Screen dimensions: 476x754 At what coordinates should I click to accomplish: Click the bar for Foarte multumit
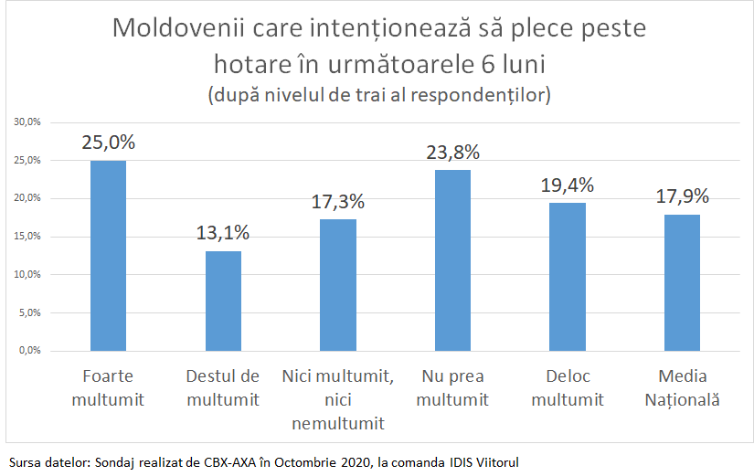[x=108, y=256]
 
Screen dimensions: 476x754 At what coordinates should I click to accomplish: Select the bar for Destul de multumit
[x=223, y=301]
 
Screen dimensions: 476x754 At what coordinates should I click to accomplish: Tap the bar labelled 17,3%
[x=338, y=285]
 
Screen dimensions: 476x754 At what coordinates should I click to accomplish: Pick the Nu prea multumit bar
[x=453, y=260]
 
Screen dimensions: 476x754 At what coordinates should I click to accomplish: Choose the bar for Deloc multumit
[x=568, y=277]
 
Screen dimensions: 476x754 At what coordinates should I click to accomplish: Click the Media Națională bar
[x=683, y=282]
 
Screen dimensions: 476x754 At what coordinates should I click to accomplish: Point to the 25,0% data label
[x=108, y=143]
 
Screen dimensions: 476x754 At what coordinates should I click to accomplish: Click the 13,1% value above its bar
[x=223, y=233]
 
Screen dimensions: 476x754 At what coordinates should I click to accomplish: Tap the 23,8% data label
[x=453, y=152]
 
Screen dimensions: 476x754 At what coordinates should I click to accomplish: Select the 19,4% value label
[x=568, y=185]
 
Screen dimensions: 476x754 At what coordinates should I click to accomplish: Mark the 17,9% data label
[x=683, y=196]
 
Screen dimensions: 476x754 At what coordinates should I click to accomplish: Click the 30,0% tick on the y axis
[x=27, y=122]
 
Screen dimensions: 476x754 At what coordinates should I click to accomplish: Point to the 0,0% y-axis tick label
[x=28, y=351]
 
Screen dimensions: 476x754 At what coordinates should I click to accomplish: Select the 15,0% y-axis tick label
[x=27, y=237]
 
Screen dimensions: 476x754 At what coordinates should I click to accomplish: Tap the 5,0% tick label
[x=28, y=312]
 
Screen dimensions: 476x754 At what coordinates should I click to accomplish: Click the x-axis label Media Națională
[x=683, y=388]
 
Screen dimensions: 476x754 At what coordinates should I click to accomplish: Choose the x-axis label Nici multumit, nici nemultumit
[x=338, y=400]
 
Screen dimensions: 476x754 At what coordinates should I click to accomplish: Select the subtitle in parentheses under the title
[x=378, y=94]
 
